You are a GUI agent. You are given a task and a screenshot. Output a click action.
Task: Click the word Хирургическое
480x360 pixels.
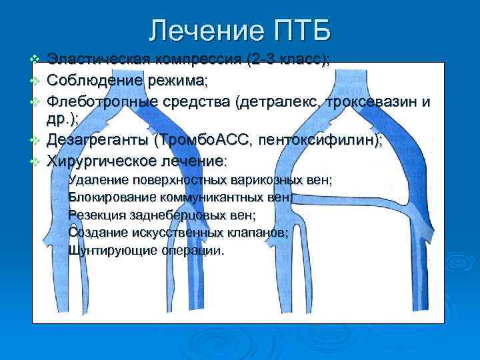(x=103, y=161)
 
